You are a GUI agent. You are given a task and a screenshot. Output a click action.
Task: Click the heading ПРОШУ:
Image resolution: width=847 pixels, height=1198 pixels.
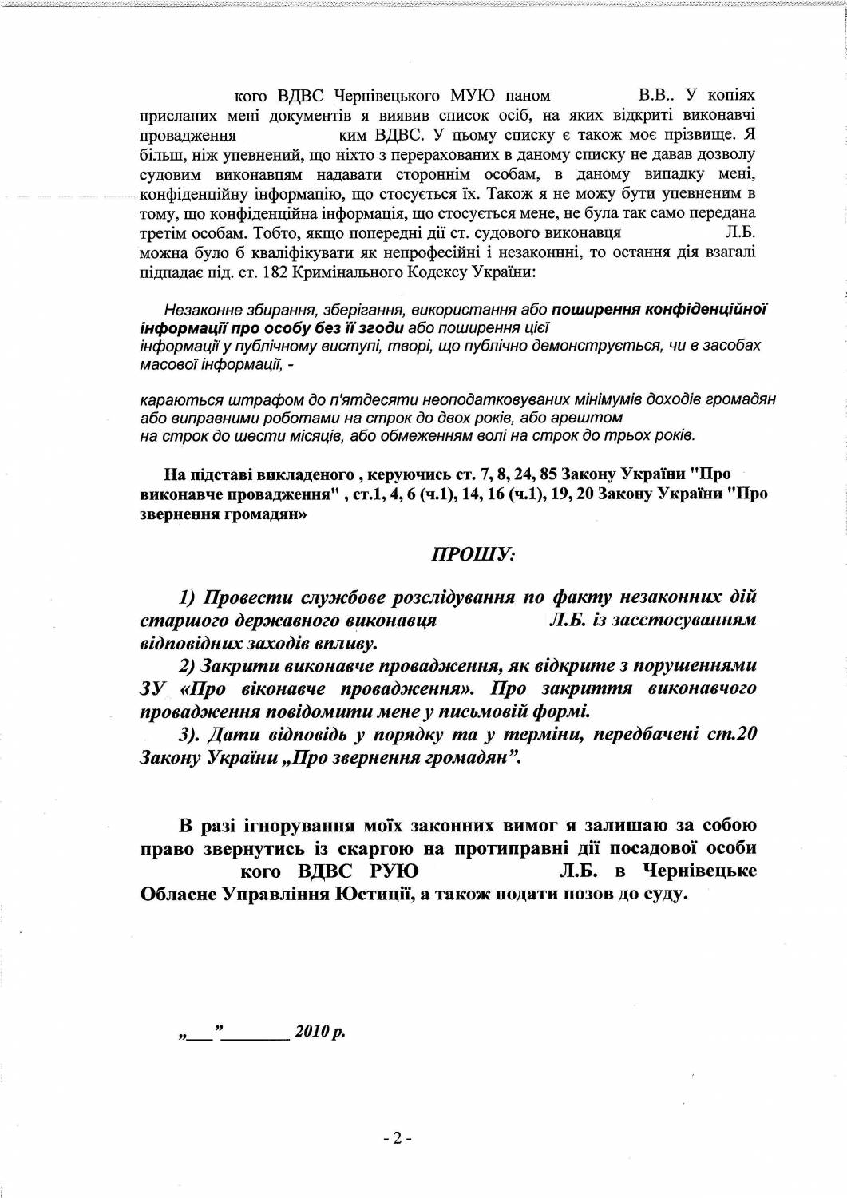[473, 553]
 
